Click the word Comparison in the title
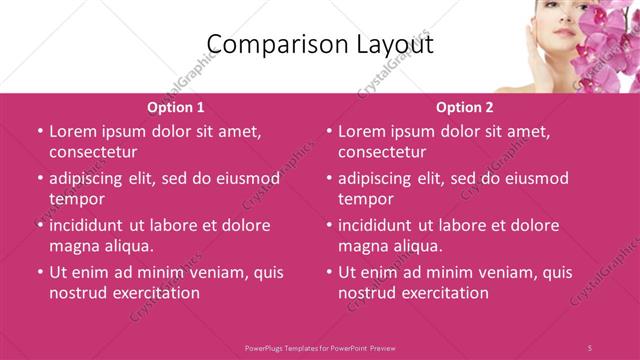[261, 43]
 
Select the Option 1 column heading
[176, 106]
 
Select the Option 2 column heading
[465, 106]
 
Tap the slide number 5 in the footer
[589, 347]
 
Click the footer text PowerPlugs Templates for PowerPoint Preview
[320, 347]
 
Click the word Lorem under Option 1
[74, 131]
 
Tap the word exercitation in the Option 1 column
[155, 293]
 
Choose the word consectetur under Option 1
[93, 152]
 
